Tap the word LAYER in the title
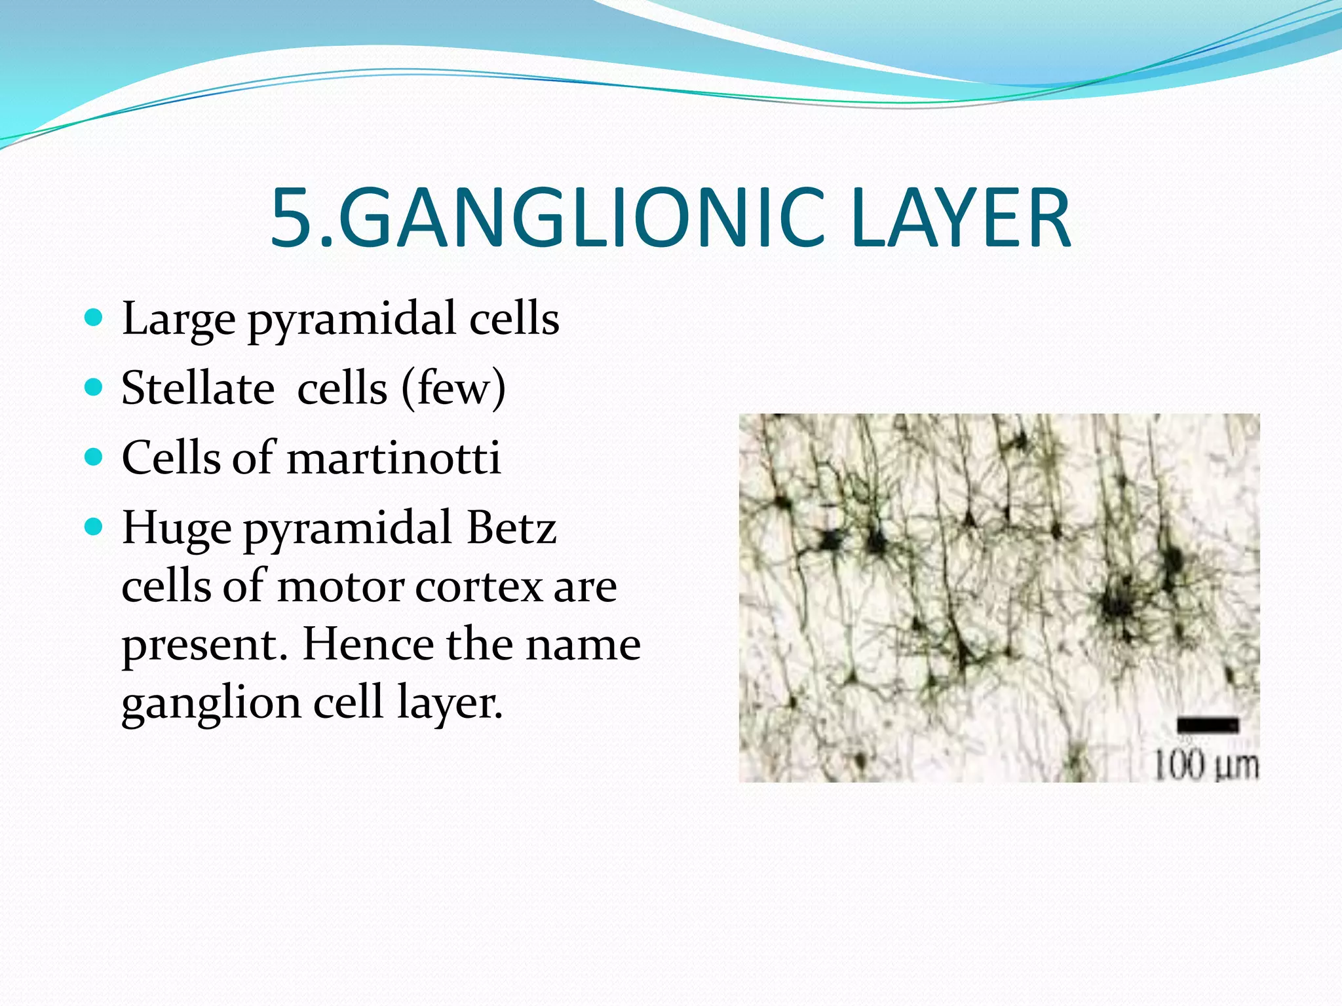point(961,218)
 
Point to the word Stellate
point(198,388)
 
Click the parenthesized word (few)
point(453,388)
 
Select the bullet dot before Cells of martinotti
point(94,456)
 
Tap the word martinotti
point(394,458)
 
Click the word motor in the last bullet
point(340,586)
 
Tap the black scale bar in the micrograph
point(1208,725)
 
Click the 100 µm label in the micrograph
point(1205,765)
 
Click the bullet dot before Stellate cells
point(94,387)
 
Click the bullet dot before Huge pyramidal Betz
point(94,526)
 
